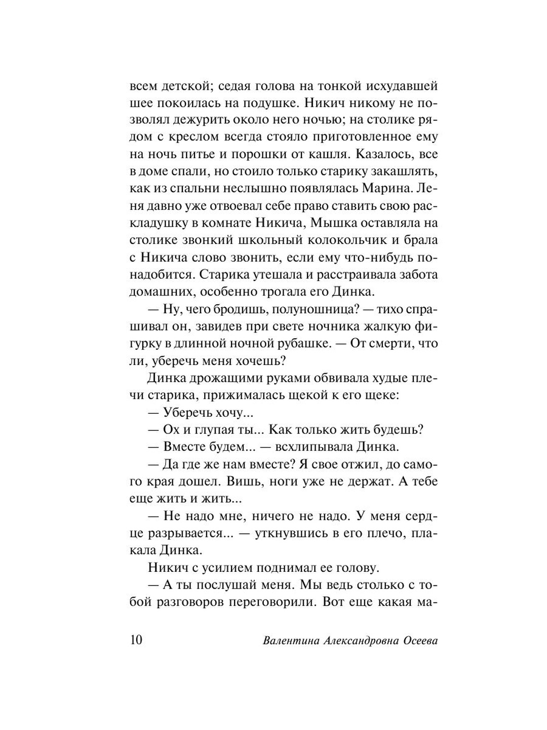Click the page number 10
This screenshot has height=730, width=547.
pyautogui.click(x=136, y=639)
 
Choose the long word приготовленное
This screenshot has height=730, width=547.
pyautogui.click(x=353, y=137)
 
